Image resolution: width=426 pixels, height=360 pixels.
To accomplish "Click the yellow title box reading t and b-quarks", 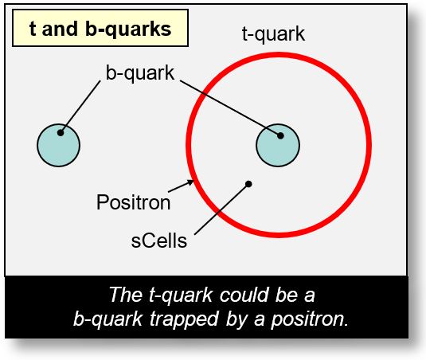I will pos(100,29).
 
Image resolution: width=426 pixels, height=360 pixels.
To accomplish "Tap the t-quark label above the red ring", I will pos(273,34).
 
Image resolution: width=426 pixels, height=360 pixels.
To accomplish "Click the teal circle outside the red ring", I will pos(58,145).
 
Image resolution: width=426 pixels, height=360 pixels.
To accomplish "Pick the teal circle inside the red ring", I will pos(277,145).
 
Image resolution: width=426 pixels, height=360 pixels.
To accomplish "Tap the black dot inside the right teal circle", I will pos(280,135).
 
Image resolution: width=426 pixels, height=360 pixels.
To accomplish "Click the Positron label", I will pos(133,202).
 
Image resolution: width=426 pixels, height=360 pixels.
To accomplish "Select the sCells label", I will pos(160,240).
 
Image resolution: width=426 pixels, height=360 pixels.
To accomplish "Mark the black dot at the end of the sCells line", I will pos(249,184).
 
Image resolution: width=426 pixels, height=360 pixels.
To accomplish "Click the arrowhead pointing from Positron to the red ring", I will pos(191,182).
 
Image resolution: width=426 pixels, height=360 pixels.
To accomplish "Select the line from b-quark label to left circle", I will pos(83,104).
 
